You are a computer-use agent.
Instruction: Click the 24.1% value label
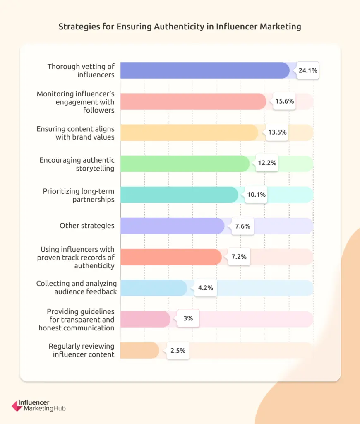coord(307,71)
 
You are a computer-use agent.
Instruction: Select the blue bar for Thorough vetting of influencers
coord(205,70)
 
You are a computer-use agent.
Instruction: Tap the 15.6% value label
coord(284,101)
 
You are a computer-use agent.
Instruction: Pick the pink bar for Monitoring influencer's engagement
coord(193,101)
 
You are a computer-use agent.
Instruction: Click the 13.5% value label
coord(276,132)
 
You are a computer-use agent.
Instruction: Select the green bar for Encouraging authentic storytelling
coord(185,164)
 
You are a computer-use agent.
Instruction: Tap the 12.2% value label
coord(267,164)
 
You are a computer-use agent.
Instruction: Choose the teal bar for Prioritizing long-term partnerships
coord(179,195)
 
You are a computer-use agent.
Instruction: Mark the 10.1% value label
coord(256,195)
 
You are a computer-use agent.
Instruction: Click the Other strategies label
coord(87,226)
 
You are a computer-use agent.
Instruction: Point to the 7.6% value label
coord(242,226)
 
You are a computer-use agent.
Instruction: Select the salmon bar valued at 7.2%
coord(171,257)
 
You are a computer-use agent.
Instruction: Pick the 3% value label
coord(188,319)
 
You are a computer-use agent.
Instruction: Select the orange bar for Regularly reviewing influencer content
coord(139,350)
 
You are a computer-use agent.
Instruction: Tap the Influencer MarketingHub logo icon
coord(17,405)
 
